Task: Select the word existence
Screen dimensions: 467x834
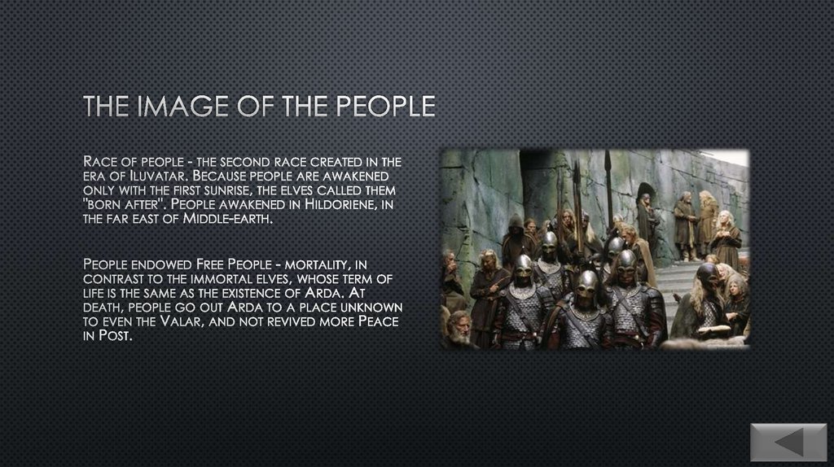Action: (x=280, y=293)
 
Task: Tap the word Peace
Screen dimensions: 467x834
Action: (x=377, y=322)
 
